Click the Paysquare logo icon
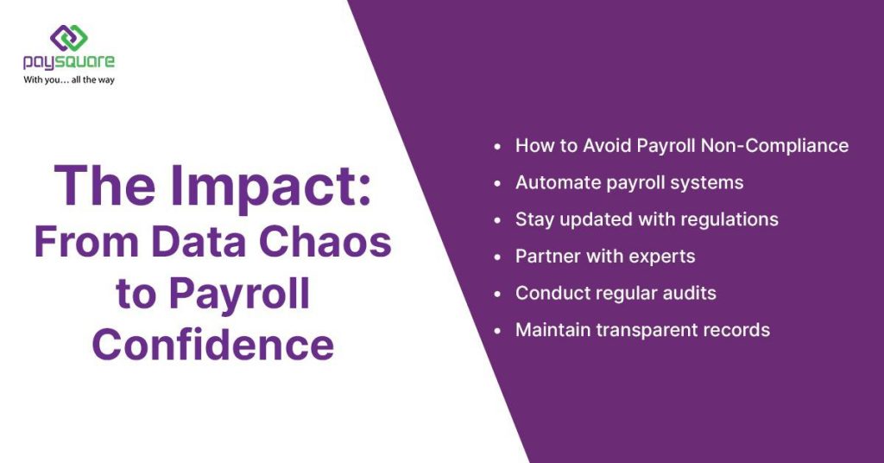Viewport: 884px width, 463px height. (x=69, y=37)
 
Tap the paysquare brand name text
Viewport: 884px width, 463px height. (x=69, y=62)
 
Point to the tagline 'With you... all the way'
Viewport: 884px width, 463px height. (x=69, y=80)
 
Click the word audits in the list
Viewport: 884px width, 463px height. (x=685, y=293)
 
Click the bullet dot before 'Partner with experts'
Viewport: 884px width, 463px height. (x=497, y=257)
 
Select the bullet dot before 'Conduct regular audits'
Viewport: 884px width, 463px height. (x=497, y=294)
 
